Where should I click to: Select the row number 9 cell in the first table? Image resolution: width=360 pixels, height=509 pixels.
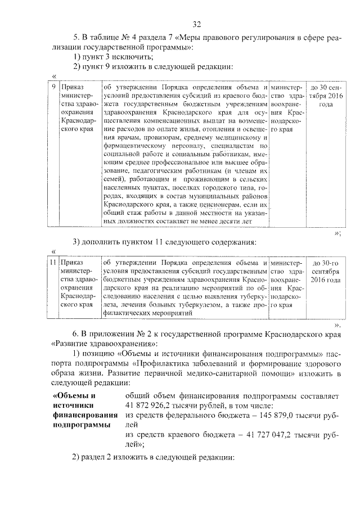coord(53,88)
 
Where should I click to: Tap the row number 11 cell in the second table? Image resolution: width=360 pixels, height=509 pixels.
coord(52,263)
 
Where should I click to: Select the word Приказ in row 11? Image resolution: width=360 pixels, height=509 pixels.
coord(73,263)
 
